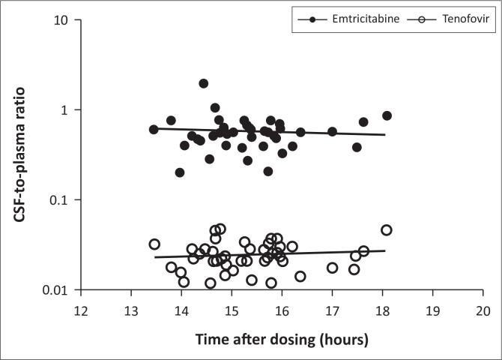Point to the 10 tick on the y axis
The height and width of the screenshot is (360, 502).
(63, 20)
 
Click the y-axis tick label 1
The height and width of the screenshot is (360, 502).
(67, 110)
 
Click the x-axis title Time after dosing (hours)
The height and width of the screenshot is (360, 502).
(282, 340)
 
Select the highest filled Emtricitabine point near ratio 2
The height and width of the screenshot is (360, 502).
(204, 83)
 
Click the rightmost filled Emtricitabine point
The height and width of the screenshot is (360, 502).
(387, 115)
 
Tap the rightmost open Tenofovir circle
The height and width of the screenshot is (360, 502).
(387, 230)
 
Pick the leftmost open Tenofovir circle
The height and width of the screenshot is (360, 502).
(154, 244)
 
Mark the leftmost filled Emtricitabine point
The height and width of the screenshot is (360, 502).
(154, 129)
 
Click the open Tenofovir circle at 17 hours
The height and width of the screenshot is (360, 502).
(332, 268)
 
